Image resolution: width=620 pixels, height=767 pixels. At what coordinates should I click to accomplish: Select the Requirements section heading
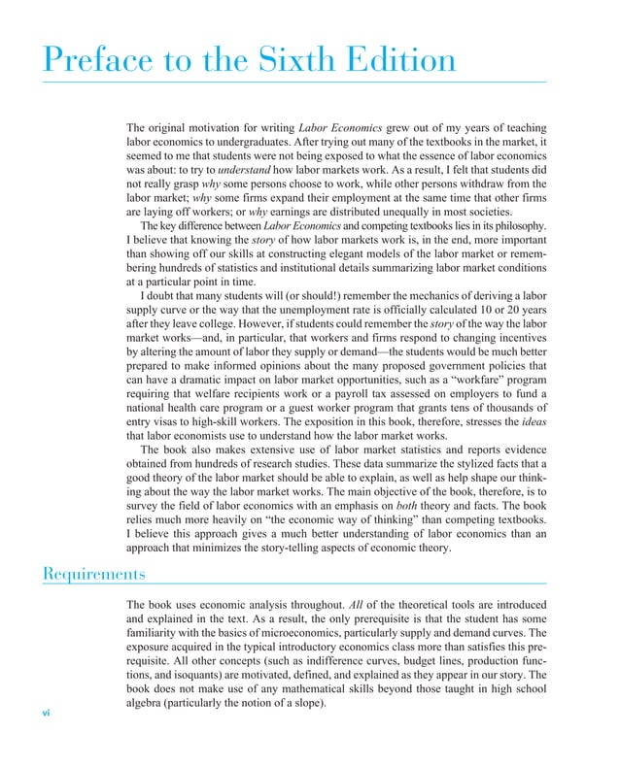94,574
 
